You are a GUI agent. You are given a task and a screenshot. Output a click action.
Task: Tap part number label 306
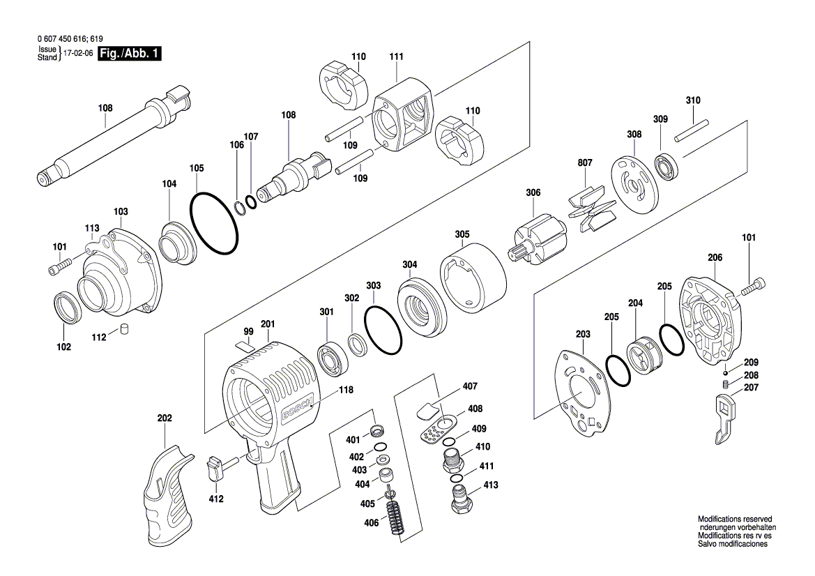tap(533, 192)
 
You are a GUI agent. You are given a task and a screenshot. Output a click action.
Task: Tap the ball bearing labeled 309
tap(668, 167)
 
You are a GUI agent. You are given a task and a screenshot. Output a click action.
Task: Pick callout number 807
tap(584, 162)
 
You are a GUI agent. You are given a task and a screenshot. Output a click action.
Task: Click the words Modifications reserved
tap(735, 520)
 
